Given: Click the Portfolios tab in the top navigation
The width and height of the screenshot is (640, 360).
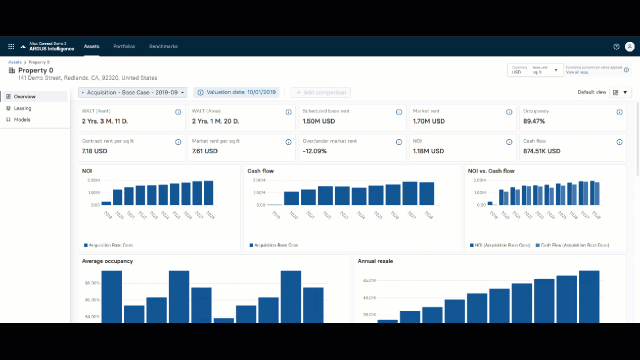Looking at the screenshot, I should point(124,46).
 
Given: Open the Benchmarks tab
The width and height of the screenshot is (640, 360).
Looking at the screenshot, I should point(163,46).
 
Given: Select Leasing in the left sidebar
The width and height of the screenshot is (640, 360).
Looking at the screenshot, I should point(22,108).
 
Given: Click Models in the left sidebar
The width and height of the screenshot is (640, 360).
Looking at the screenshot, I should point(22,119).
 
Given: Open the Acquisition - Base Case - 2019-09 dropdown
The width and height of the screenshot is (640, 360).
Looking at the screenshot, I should point(133,92).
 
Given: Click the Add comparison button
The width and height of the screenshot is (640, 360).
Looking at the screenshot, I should point(321,92).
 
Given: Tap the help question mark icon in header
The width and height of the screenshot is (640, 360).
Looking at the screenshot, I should point(616,46).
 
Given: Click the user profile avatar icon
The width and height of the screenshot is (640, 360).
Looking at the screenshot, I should point(630,46).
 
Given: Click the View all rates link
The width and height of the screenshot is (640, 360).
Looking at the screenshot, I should point(577,72).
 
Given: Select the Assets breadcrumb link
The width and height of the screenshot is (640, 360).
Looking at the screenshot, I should point(15,62).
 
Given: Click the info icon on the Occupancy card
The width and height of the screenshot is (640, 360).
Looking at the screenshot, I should point(619,112).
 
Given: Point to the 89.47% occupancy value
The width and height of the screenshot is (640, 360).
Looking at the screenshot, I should point(534,121).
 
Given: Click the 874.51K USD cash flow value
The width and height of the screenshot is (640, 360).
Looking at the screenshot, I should point(541,151).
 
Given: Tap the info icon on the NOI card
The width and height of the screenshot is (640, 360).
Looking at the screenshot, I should point(509,142).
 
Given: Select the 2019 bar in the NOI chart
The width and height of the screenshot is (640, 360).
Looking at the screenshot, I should point(106,203).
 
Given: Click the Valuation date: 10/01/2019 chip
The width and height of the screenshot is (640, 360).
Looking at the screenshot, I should point(236,92).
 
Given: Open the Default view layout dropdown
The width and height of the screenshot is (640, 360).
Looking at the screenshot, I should point(620,92).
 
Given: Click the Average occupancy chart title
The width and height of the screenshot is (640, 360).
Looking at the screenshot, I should point(107,261).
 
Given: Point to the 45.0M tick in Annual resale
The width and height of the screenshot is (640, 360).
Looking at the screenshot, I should point(369,280).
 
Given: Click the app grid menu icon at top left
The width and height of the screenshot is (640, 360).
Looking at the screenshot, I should point(11,46).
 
